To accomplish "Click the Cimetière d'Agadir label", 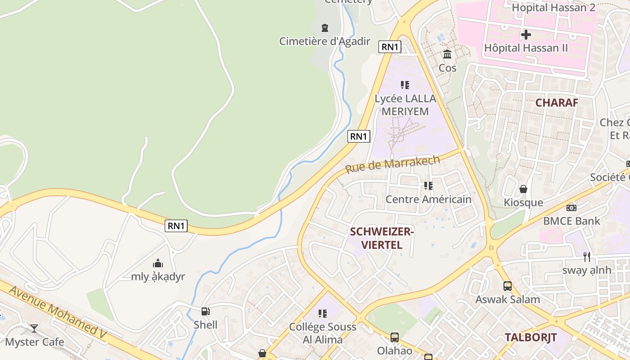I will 324,41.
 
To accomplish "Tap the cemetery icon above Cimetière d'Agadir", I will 324,28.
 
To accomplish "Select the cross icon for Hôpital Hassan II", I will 526,34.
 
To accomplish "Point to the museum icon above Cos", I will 447,54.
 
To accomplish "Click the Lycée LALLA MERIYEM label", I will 405,104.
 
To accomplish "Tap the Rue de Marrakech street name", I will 392,164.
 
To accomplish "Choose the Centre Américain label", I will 428,199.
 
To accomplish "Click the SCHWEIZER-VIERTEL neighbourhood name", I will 382,238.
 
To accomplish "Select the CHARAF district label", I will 557,103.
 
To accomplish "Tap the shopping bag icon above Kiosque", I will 523,189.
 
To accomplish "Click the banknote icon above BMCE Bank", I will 571,207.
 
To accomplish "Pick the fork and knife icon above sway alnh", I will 586,256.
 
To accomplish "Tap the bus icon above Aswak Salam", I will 508,286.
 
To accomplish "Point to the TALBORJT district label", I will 531,337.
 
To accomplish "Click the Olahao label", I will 394,351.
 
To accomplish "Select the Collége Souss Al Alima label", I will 323,333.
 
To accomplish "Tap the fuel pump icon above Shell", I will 205,311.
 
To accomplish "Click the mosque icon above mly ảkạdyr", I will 158,263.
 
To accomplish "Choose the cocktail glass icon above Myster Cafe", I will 34,328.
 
